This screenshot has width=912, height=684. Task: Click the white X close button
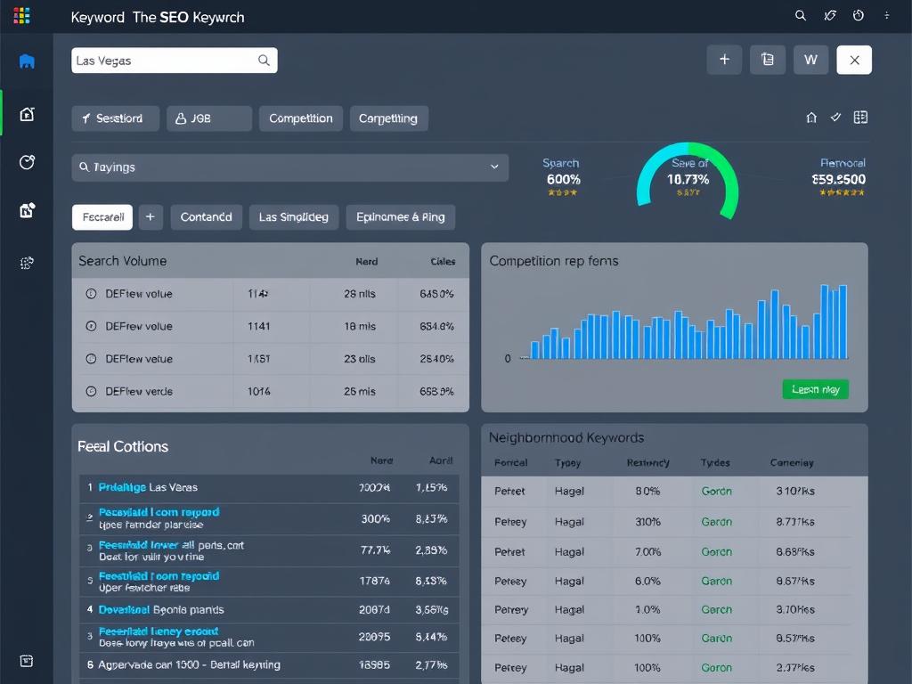(x=854, y=60)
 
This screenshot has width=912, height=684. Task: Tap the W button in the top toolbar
(x=810, y=60)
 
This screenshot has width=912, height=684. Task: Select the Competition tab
(x=300, y=118)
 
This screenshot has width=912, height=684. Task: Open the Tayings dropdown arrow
(x=494, y=167)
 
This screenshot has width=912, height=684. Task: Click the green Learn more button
(x=815, y=389)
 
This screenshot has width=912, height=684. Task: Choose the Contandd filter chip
(x=206, y=216)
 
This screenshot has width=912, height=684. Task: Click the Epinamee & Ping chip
(x=400, y=216)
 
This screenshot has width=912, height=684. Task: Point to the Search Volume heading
(x=122, y=261)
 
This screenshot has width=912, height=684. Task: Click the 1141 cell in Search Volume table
(x=259, y=326)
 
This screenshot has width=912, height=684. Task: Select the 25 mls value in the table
(x=360, y=391)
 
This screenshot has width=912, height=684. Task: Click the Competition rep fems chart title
(x=553, y=261)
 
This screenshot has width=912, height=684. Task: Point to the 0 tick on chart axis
(x=508, y=359)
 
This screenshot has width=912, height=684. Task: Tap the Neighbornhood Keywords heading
(x=566, y=437)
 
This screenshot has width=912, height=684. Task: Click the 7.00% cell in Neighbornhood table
(x=647, y=551)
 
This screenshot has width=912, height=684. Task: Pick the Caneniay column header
(x=791, y=462)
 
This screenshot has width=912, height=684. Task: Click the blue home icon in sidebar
(x=27, y=61)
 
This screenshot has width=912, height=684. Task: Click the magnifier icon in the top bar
(x=800, y=15)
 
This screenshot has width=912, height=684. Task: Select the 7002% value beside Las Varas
(x=374, y=487)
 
